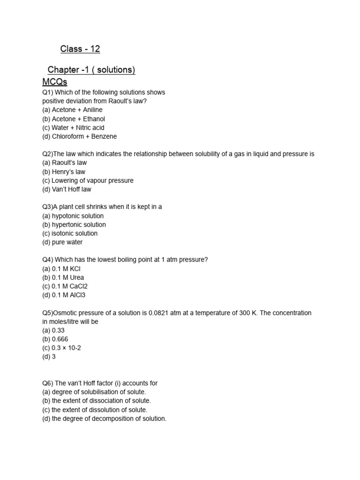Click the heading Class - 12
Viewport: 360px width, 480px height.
click(x=80, y=49)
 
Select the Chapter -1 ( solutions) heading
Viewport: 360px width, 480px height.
click(x=91, y=70)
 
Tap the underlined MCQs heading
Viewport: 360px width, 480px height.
click(x=55, y=82)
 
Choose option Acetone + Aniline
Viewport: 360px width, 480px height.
click(x=72, y=110)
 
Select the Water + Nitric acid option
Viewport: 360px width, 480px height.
click(x=73, y=127)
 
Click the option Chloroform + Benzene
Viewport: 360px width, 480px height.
click(x=79, y=136)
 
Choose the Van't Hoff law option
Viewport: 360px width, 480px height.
click(x=67, y=189)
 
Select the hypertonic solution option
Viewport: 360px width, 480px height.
click(x=74, y=225)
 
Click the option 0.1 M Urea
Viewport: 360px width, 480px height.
click(x=63, y=277)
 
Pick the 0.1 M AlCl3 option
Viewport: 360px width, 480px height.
click(x=64, y=295)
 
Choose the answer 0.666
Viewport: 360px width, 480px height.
click(x=56, y=339)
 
